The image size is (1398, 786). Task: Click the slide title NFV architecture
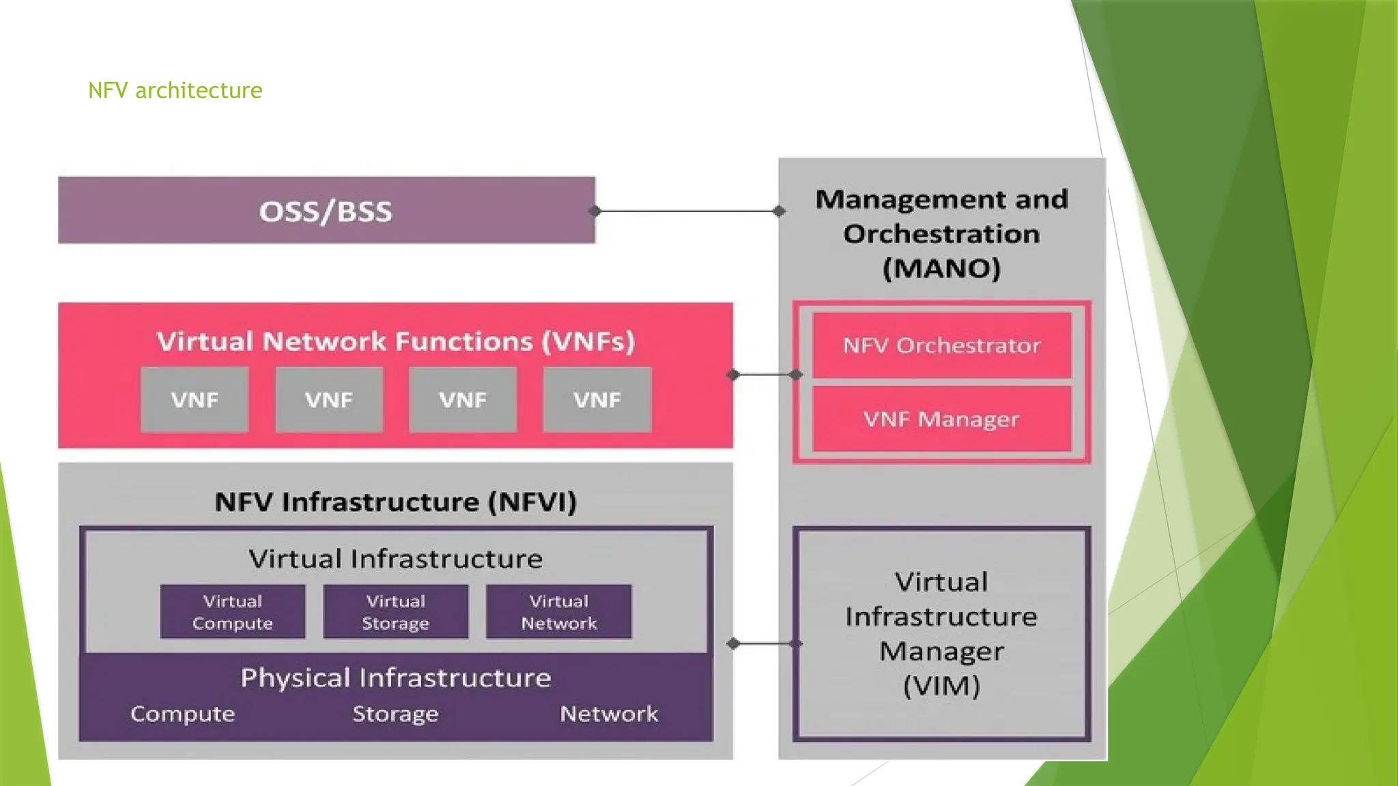point(175,90)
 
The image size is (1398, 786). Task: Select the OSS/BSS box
point(326,211)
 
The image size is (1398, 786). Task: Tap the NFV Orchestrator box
point(941,345)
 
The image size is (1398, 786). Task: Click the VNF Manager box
point(941,419)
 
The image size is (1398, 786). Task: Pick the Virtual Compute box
point(232,612)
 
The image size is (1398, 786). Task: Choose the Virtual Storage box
point(395,612)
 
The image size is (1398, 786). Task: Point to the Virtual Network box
point(558,612)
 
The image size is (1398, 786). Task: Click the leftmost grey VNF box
point(195,400)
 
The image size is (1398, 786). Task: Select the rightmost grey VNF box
point(597,400)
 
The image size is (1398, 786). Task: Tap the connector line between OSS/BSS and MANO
point(687,211)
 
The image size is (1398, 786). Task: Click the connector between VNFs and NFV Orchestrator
point(765,375)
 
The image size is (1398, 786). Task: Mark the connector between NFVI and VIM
point(765,643)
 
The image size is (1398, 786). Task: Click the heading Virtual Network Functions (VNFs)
point(395,341)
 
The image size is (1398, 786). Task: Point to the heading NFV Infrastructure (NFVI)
point(395,502)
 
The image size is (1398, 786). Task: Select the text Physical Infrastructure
point(395,678)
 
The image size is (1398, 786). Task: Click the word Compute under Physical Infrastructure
point(182,714)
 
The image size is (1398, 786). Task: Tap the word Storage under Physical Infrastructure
point(395,714)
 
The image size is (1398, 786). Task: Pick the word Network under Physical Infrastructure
point(609,714)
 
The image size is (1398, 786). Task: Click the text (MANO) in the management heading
point(941,268)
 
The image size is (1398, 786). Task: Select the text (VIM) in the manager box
point(941,686)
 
